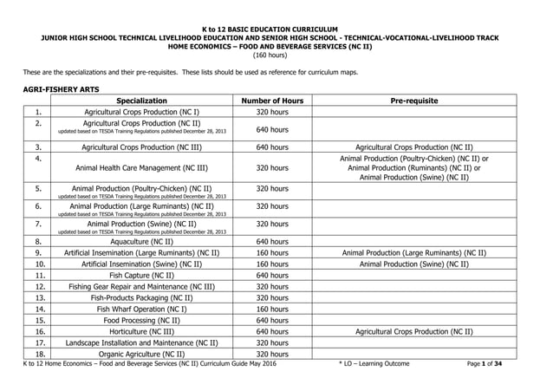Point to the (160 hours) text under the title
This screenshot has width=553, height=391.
276,55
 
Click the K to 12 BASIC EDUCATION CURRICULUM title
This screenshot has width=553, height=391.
276,29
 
